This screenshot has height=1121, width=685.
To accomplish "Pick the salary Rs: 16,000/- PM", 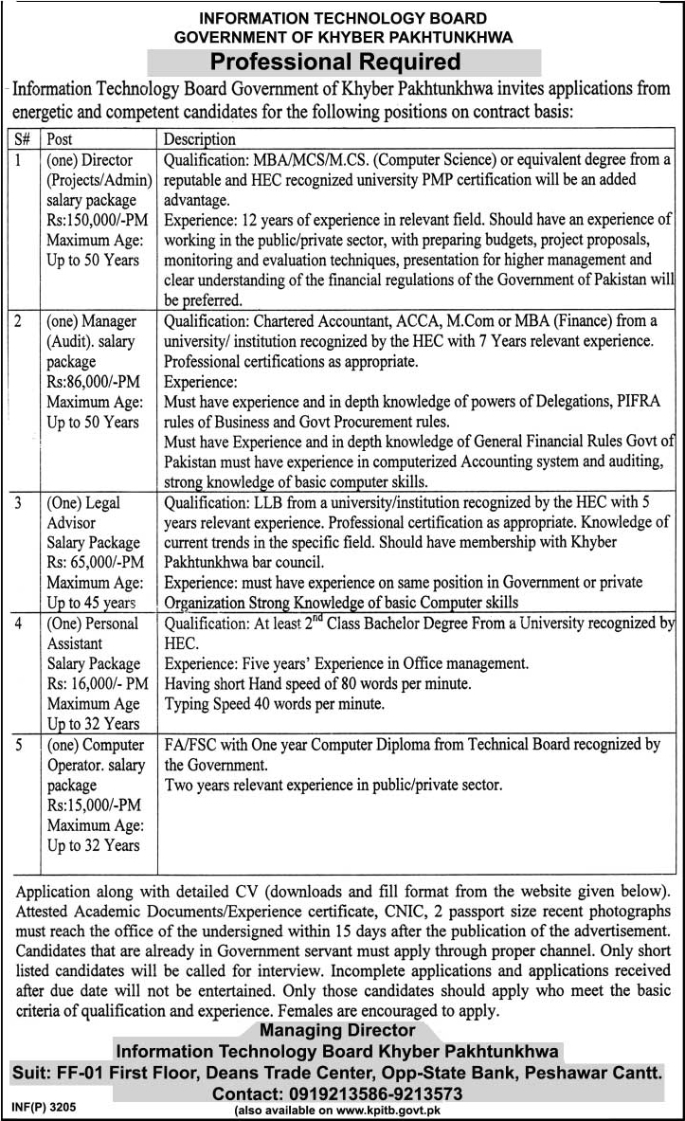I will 98,684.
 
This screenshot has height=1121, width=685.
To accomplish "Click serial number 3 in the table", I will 17,503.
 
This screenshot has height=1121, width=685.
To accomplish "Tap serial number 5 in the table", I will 17,745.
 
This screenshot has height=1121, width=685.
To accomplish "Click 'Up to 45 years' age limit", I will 91,603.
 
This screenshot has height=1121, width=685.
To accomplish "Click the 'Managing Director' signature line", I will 337,1029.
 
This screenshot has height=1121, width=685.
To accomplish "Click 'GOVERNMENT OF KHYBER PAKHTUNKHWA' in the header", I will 343,37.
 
